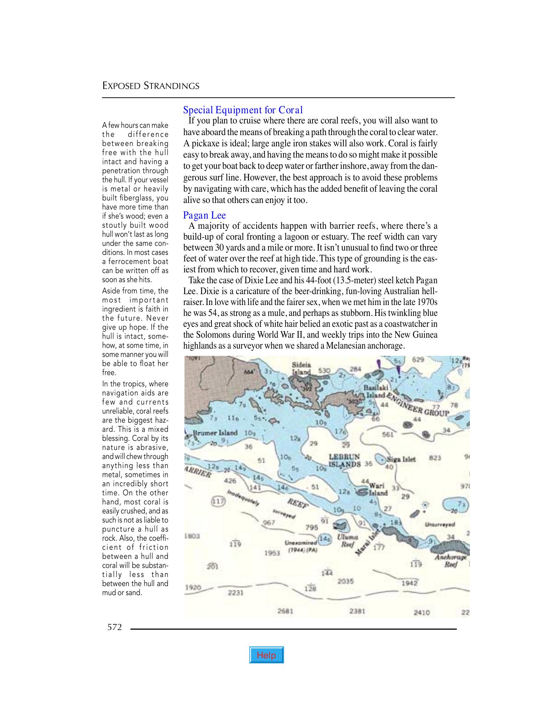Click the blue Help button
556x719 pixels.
click(266, 655)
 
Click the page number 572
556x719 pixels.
click(114, 627)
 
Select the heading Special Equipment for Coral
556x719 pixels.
click(243, 110)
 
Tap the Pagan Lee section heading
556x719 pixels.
click(204, 215)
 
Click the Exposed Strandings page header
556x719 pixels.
click(151, 86)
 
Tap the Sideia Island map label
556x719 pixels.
click(302, 368)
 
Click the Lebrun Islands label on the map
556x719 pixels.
click(345, 460)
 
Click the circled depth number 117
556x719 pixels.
click(218, 502)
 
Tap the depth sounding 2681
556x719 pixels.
click(285, 611)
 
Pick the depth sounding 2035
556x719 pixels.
click(345, 581)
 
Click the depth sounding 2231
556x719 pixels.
click(235, 593)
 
